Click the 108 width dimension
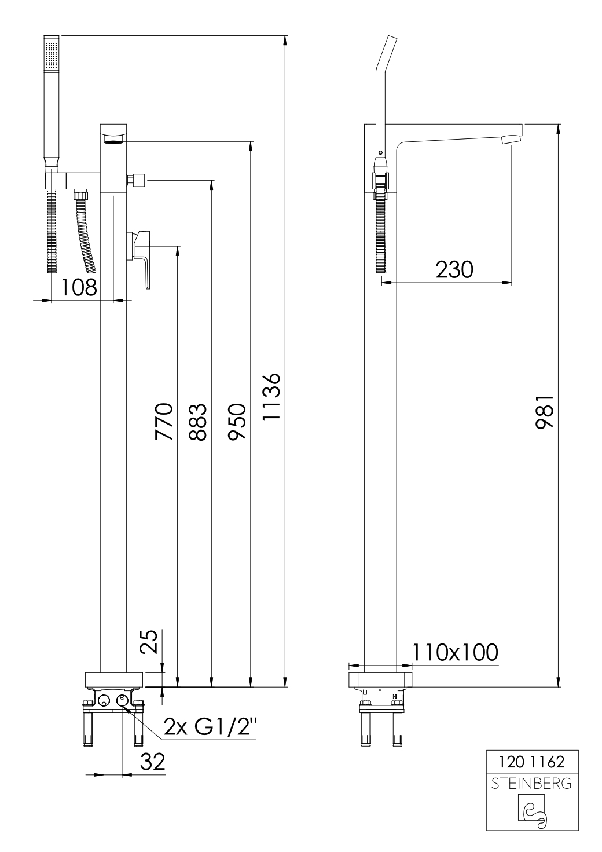point(79,287)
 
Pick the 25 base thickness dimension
point(150,642)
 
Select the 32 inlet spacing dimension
point(152,762)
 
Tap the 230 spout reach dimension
point(454,269)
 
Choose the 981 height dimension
point(545,412)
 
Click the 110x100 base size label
point(455,652)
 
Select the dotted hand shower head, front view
point(52,55)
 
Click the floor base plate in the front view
point(114,679)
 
